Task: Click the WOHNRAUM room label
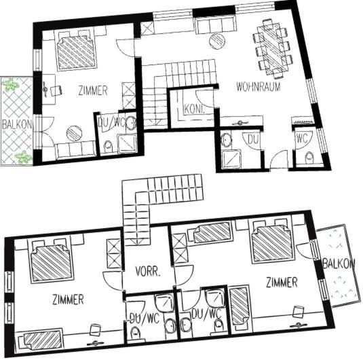click(259, 86)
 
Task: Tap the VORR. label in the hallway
click(148, 271)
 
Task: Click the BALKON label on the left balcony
click(17, 125)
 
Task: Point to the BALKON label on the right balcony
click(339, 264)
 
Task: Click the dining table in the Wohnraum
click(273, 49)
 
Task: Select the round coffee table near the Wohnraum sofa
click(217, 41)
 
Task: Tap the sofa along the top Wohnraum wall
click(216, 26)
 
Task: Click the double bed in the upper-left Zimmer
click(76, 51)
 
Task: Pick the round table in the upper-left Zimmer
click(74, 133)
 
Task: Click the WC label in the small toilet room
click(303, 139)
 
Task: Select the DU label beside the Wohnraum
click(253, 139)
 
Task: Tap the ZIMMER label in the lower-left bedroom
click(68, 300)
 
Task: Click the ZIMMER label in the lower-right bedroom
click(282, 283)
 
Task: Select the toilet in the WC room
click(309, 158)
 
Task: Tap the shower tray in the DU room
click(231, 159)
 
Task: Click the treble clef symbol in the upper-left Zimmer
click(45, 89)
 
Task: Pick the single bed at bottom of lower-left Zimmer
click(40, 340)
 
